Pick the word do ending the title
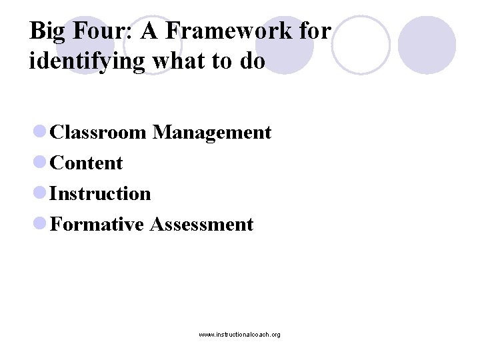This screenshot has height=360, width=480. (x=253, y=61)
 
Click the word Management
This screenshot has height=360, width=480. (x=211, y=133)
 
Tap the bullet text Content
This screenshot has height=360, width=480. (x=87, y=163)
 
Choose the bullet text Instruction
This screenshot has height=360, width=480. (x=101, y=193)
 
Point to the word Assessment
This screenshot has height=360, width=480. (x=202, y=224)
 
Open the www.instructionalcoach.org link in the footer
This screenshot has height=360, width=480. (x=239, y=334)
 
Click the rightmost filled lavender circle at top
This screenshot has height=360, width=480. (x=427, y=45)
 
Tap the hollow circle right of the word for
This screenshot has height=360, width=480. (x=360, y=45)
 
